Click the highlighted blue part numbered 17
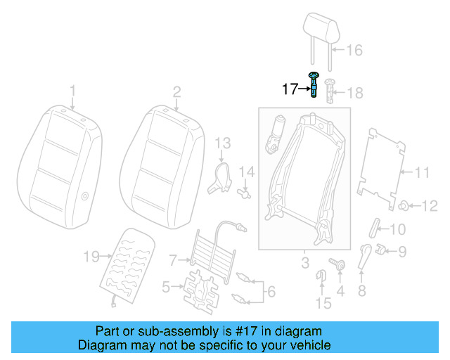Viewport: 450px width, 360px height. pos(314,85)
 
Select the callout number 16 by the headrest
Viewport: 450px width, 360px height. pos(354,50)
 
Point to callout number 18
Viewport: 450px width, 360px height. pos(354,93)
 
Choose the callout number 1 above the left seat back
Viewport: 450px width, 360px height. pos(72,90)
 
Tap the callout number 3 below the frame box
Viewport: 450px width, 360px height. pos(304,263)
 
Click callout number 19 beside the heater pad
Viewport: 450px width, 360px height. pos(91,257)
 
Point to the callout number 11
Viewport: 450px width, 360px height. pos(420,172)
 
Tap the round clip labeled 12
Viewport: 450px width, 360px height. pos(406,205)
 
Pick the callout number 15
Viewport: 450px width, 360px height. pos(323,303)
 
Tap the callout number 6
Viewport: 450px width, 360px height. pos(271,289)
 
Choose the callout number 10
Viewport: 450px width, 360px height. pos(397,229)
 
